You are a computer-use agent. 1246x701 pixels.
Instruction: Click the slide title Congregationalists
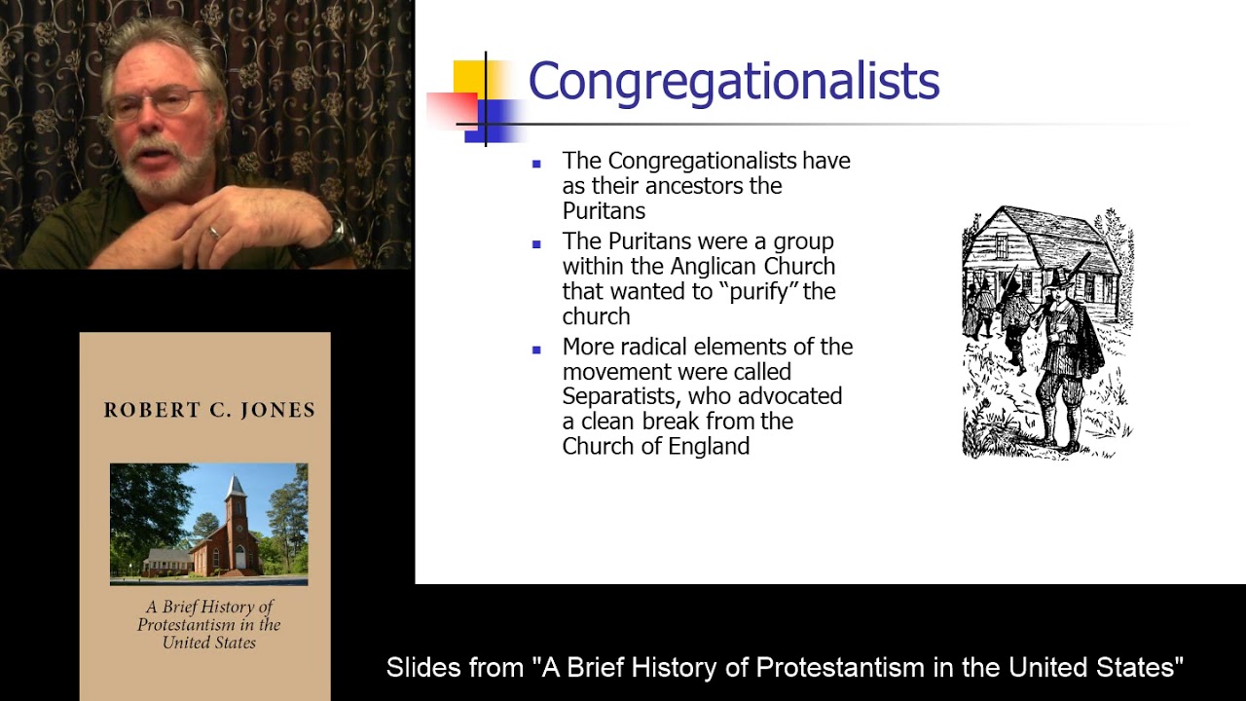point(733,81)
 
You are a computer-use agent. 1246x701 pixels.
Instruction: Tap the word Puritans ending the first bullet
point(604,211)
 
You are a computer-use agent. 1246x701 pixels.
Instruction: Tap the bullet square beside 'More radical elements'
point(536,349)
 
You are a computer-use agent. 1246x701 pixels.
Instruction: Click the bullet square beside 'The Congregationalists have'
point(536,163)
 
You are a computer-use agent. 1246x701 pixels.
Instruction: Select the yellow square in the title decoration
point(469,77)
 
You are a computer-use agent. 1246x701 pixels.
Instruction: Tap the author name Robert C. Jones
point(209,410)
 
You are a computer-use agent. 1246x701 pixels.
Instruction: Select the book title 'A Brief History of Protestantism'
point(208,624)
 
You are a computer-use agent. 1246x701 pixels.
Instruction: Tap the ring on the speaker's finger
point(214,232)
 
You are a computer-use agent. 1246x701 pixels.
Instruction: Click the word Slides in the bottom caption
point(420,668)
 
